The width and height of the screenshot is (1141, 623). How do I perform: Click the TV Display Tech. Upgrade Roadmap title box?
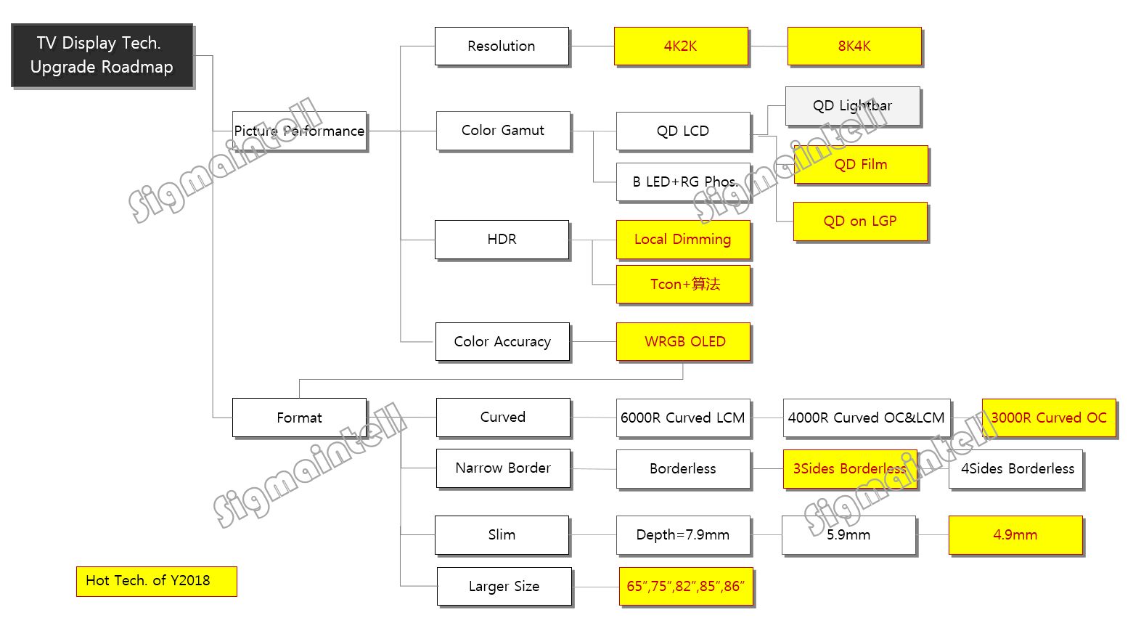(102, 55)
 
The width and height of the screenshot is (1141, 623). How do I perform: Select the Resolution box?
(502, 46)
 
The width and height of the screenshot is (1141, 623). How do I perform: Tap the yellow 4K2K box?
(681, 46)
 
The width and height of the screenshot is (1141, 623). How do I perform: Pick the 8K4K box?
(854, 46)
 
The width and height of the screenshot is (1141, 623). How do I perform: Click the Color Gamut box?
(503, 131)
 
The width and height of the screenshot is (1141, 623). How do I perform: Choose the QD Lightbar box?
(852, 106)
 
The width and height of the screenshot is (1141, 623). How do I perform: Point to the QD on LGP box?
(860, 221)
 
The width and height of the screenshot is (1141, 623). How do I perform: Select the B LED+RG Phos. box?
(683, 182)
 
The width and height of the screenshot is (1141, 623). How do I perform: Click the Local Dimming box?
(682, 240)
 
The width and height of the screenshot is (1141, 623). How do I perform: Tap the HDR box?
(502, 240)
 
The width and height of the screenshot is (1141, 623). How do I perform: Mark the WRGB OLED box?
(683, 342)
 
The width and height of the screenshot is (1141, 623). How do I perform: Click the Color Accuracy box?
(502, 342)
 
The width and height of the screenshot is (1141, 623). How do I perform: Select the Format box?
(299, 418)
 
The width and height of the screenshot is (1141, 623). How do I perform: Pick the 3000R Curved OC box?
(1049, 418)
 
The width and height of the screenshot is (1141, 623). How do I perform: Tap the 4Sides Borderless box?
(1016, 469)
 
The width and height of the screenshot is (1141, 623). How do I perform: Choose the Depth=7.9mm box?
(682, 535)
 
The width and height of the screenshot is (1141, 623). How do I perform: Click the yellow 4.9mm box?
(1015, 535)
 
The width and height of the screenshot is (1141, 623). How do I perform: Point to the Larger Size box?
(504, 587)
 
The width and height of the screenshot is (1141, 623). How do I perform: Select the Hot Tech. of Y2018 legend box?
(156, 581)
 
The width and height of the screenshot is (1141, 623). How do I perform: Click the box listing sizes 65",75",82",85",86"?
(685, 587)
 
